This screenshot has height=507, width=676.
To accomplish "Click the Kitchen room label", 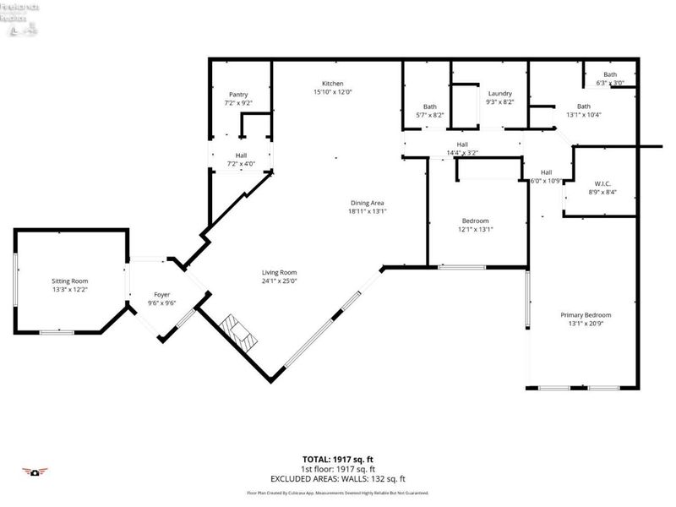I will click(x=332, y=84).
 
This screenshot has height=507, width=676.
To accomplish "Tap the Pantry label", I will click(x=238, y=94).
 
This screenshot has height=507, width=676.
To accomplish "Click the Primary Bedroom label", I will click(x=586, y=315).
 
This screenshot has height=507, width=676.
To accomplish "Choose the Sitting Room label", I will click(x=67, y=281).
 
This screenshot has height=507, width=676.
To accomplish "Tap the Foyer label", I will click(x=161, y=294).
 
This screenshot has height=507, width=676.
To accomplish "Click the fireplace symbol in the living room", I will click(x=237, y=330).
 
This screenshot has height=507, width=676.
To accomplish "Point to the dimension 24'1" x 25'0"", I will click(x=279, y=281).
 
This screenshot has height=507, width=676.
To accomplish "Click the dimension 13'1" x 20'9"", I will click(x=586, y=324).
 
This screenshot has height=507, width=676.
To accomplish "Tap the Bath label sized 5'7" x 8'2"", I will click(x=430, y=106).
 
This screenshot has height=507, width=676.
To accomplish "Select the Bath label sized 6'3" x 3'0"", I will click(x=610, y=74).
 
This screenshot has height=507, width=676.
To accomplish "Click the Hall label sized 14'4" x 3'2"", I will click(x=462, y=144).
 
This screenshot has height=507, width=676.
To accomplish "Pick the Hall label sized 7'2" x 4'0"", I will click(x=241, y=155).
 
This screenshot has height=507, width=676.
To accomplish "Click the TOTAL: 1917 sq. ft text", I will click(x=338, y=457).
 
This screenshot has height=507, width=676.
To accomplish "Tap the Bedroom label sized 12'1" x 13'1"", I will click(x=475, y=221).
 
